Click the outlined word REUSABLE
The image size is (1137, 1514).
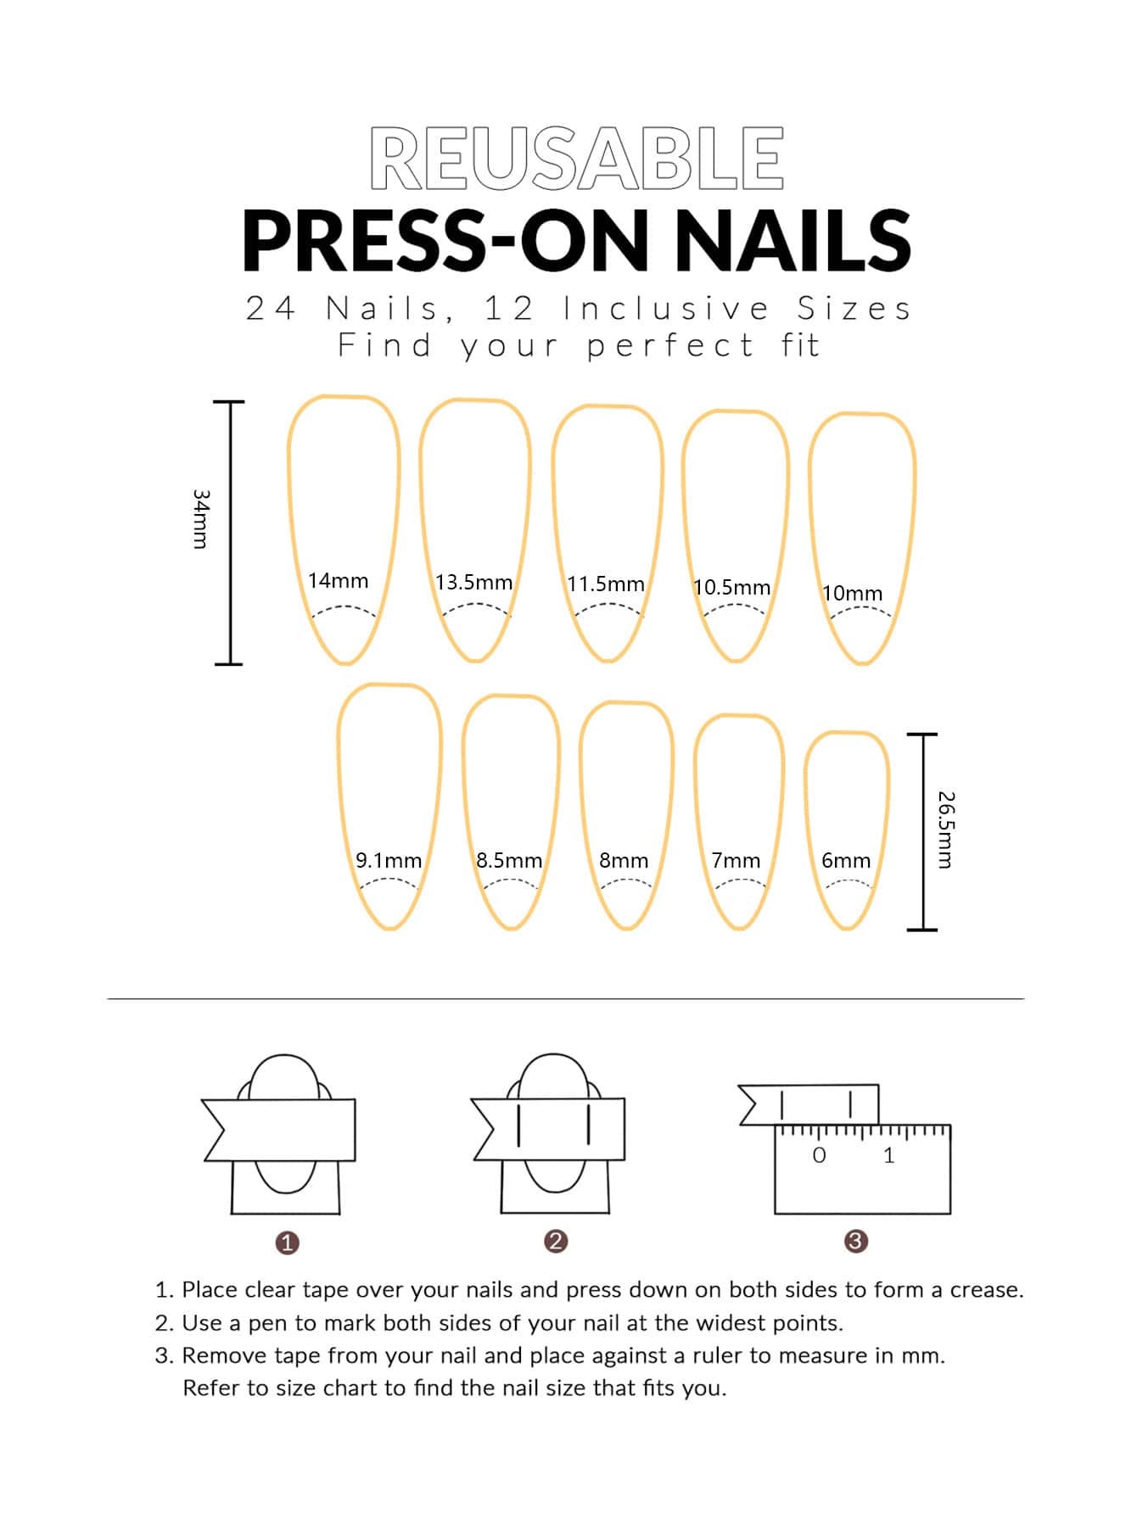tap(577, 158)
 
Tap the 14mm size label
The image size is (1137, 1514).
tap(338, 581)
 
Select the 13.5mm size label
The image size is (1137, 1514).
tap(473, 583)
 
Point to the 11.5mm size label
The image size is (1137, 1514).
tap(606, 584)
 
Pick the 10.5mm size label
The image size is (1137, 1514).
tap(731, 588)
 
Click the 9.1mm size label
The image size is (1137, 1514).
tap(389, 861)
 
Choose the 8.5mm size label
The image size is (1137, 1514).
tap(509, 861)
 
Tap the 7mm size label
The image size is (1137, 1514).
tap(736, 861)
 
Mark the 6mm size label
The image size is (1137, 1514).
tap(846, 861)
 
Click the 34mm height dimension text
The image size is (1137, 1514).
tap(200, 518)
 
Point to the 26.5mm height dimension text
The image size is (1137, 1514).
tap(946, 830)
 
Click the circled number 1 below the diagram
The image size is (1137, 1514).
tap(288, 1243)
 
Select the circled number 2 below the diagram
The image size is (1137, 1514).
tap(556, 1242)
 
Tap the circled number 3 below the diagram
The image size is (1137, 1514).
tap(855, 1242)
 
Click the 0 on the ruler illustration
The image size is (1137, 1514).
tap(819, 1155)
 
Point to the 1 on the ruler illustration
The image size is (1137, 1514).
tap(889, 1155)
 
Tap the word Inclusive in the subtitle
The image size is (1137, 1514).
tap(666, 309)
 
